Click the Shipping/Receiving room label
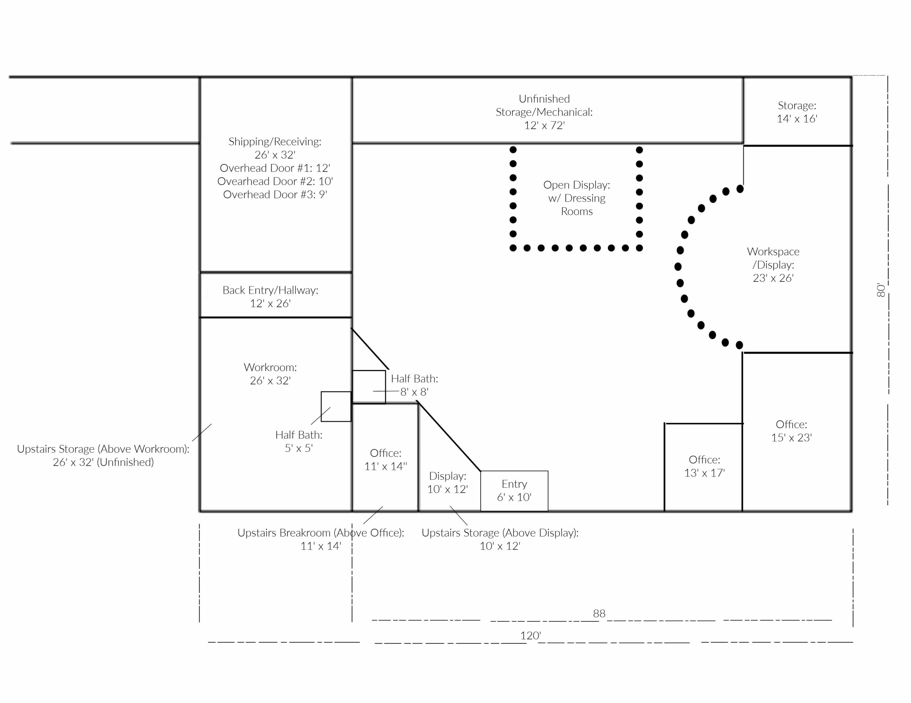275,148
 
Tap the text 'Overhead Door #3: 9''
275,195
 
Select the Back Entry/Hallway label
270,297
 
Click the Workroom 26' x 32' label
270,374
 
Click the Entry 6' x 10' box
514,491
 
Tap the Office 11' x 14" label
386,460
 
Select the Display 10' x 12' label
448,483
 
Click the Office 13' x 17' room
704,467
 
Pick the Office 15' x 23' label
791,431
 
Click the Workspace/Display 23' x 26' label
773,265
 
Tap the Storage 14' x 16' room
797,111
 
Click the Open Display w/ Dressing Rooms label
577,198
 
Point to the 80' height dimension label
880,290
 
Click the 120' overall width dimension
531,635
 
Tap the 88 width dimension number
599,613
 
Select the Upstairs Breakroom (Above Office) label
321,539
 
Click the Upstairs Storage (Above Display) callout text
500,539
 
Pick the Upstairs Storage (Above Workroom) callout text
103,456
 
